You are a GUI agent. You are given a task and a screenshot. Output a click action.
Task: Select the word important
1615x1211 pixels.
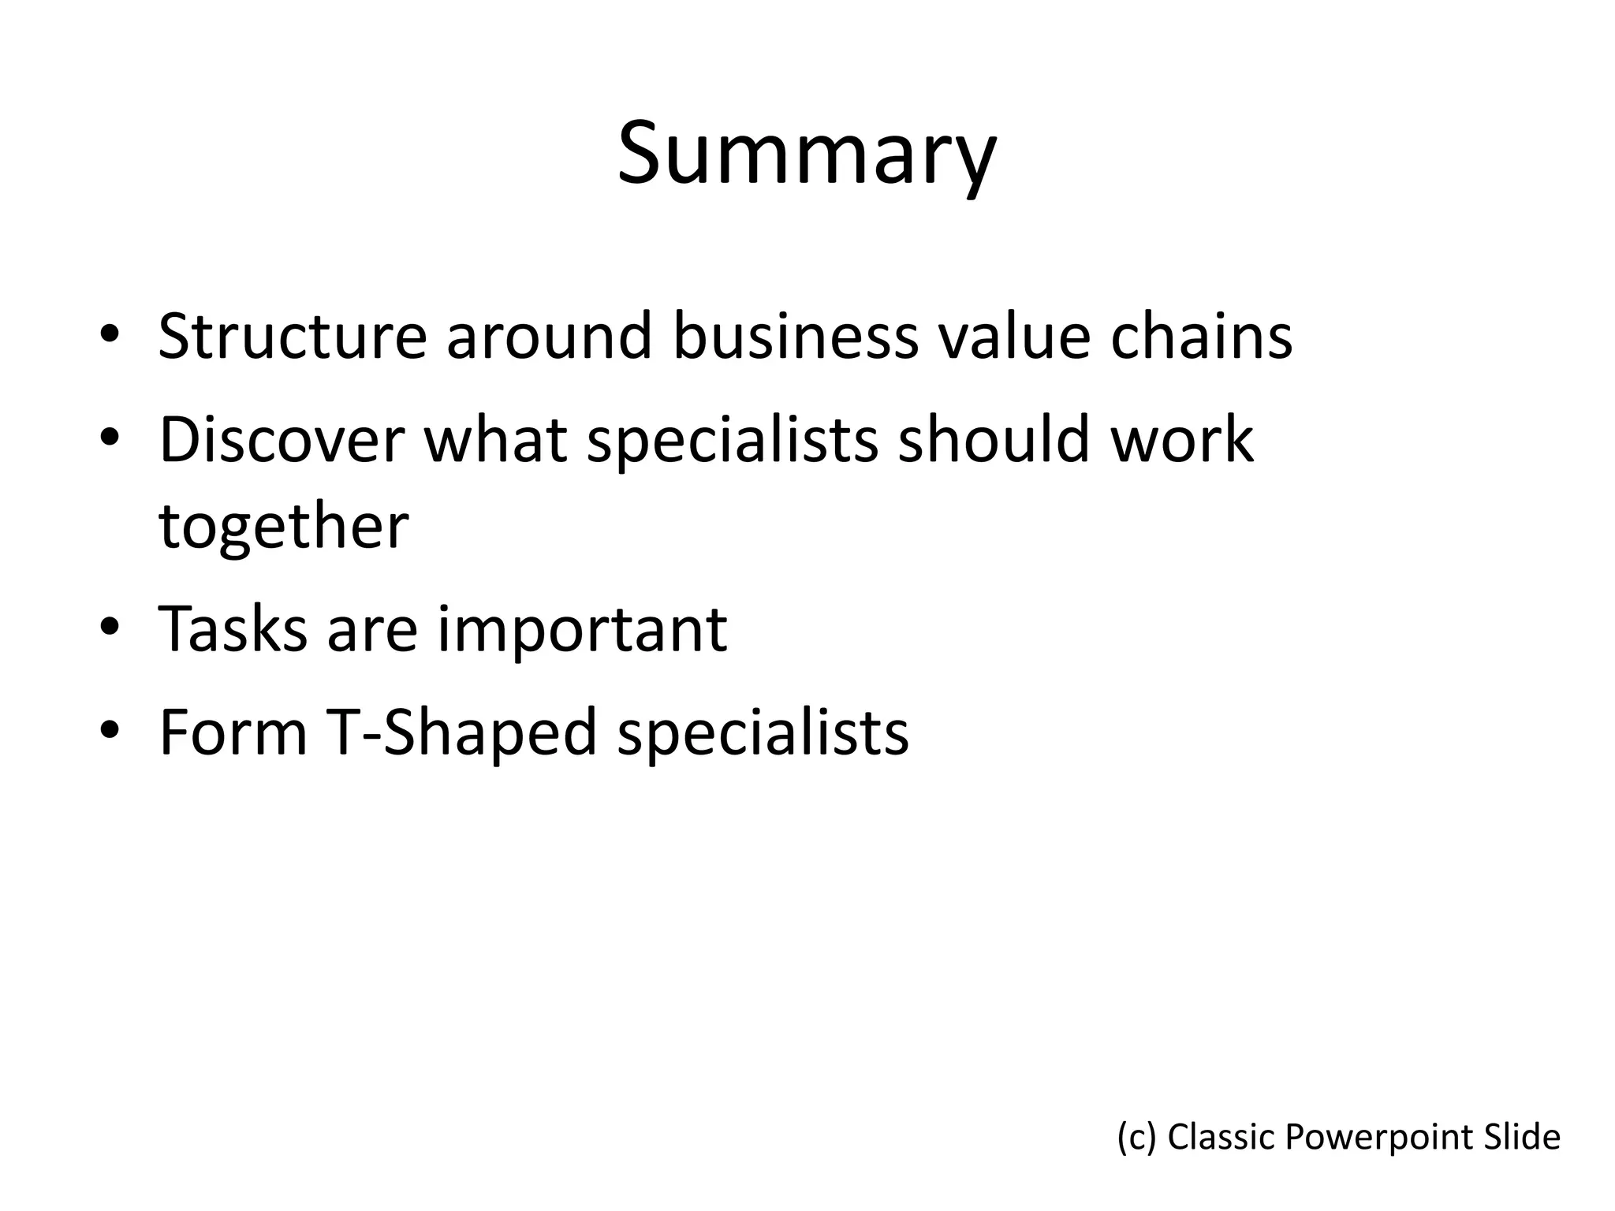pos(582,630)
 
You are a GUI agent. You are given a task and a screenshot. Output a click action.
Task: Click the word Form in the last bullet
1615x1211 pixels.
pos(233,732)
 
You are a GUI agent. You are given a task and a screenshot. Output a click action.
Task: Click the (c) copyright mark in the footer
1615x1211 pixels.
pos(1136,1137)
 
